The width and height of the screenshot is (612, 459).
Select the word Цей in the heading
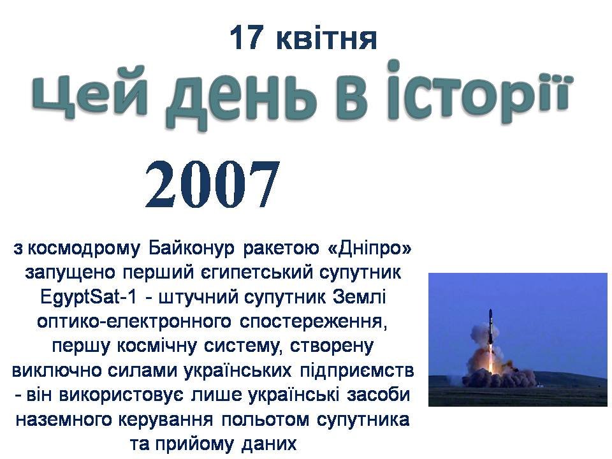click(90, 96)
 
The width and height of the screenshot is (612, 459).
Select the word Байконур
click(192, 249)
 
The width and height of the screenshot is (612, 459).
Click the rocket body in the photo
click(490, 328)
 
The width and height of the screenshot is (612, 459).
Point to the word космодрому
click(83, 249)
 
